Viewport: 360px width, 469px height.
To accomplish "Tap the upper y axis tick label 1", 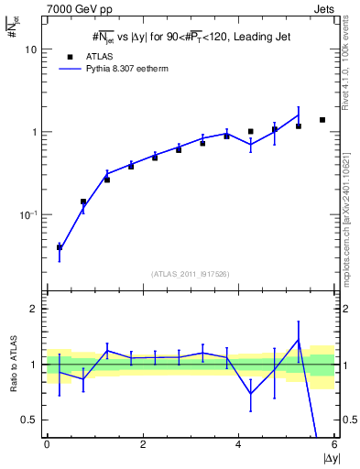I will click(33, 133).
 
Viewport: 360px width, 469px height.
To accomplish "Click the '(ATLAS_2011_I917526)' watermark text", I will click(191, 274).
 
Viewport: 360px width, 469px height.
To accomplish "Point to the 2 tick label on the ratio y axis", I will click(33, 309).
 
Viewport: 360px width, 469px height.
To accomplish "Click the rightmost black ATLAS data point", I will click(322, 120).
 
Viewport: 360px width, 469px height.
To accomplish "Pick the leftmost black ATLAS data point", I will click(60, 247).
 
